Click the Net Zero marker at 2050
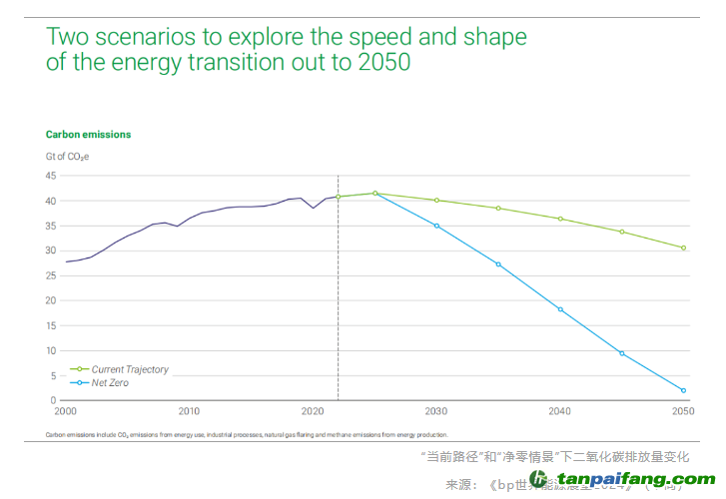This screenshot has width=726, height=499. pos(684,390)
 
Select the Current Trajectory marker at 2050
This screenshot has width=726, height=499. pos(684,248)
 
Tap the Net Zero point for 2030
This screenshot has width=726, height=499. pos(436,226)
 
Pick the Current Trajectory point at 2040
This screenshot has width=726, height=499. pos(560,219)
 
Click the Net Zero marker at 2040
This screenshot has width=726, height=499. pos(560,309)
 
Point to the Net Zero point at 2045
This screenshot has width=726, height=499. pos(622,353)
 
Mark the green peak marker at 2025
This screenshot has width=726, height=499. pos(374,193)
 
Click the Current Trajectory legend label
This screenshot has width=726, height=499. pos(130,369)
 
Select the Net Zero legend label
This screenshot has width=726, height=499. pos(110,382)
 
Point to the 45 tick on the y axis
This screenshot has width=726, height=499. pos(50,176)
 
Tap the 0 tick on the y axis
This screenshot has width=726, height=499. pos(53,400)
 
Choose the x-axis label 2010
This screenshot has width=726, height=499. pos(189,411)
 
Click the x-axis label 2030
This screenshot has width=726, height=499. pos(436,411)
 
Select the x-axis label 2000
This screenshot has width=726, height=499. pos(66,411)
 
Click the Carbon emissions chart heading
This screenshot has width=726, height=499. pos(88,134)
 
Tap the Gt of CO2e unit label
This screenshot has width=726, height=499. pos(74,156)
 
